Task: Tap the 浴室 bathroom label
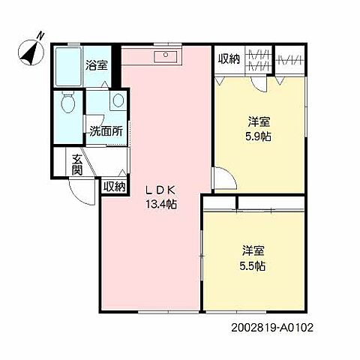click(x=97, y=64)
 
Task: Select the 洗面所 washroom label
click(x=106, y=130)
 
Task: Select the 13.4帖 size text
click(x=161, y=204)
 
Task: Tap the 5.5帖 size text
click(x=253, y=265)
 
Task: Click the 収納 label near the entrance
click(x=114, y=187)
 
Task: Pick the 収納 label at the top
click(x=229, y=59)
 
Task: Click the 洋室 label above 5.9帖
click(x=259, y=121)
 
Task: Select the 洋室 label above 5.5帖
click(x=253, y=250)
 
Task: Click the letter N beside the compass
click(x=40, y=34)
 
